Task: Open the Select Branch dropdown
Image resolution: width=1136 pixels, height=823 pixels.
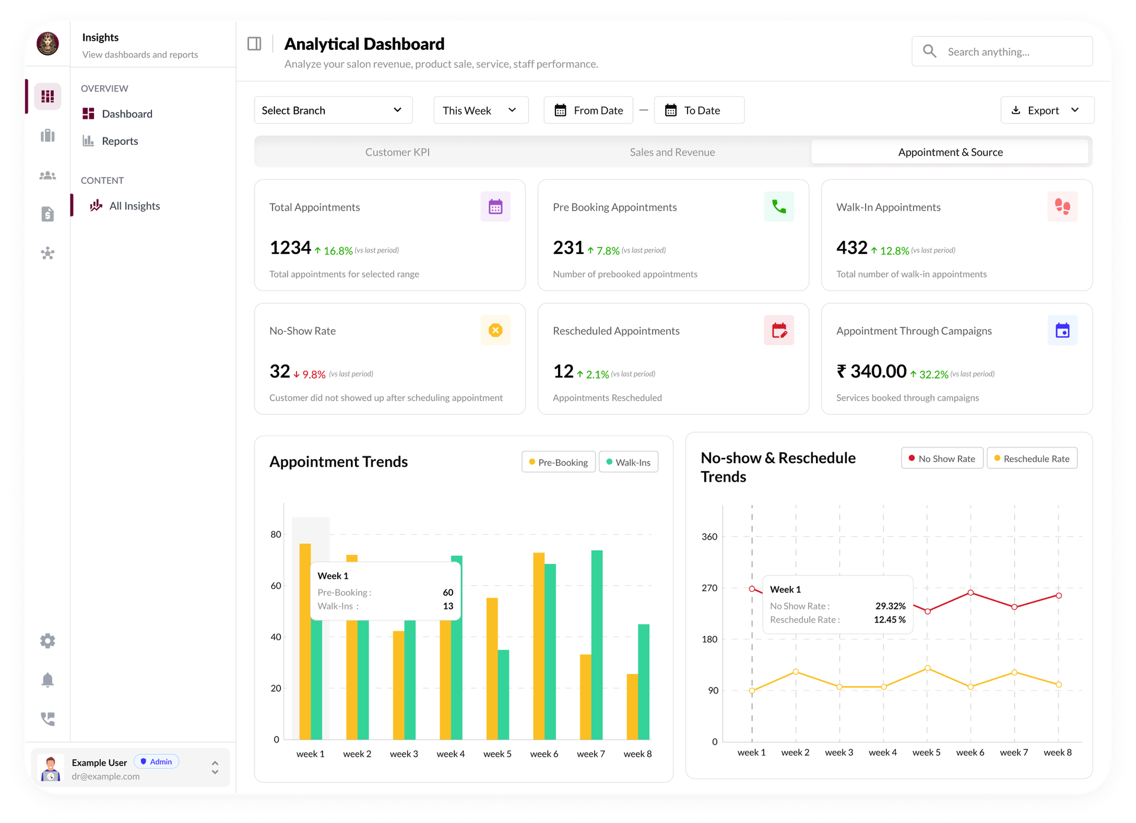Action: pos(333,110)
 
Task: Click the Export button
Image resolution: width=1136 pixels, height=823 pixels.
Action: pos(1046,110)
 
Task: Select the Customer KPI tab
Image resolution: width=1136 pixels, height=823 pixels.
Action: pos(397,152)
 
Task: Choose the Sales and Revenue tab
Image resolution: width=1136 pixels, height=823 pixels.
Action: pos(672,152)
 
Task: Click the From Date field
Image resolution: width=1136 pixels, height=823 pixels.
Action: pos(589,110)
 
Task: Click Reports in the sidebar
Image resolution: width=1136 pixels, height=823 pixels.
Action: pos(120,141)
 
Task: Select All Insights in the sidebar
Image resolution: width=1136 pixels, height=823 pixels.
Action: pos(134,206)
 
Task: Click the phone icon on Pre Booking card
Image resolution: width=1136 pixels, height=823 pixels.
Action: pos(779,206)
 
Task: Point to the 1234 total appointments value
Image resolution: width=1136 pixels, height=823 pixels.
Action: pos(290,248)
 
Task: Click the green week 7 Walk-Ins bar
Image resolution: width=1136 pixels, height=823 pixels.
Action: pos(596,645)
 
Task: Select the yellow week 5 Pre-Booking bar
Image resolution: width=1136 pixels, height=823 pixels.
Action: pos(492,669)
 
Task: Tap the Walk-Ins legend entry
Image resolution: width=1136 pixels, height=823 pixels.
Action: pos(628,462)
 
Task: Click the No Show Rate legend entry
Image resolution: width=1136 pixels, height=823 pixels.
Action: pos(942,459)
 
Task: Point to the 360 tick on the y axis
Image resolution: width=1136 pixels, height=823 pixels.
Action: pos(709,537)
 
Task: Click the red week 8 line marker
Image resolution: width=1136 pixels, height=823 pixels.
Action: pos(1058,596)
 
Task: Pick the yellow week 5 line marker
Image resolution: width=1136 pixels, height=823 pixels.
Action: pos(927,668)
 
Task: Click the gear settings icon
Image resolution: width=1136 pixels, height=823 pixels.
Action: pos(48,641)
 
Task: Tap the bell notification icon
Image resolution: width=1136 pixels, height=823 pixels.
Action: pos(48,680)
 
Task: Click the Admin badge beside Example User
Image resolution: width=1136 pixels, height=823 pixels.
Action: pos(156,761)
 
